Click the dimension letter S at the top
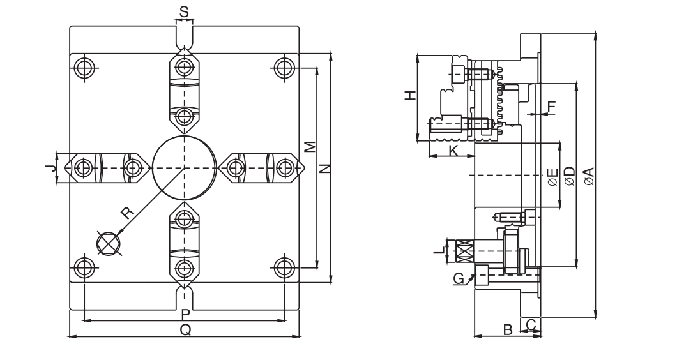184,12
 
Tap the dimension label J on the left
47,168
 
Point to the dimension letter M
309,147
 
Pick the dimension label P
185,314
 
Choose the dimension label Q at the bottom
185,329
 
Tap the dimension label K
453,151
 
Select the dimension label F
552,106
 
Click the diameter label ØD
570,176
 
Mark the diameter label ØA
588,176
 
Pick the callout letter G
457,278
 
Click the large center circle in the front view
184,167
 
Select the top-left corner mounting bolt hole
83,67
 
